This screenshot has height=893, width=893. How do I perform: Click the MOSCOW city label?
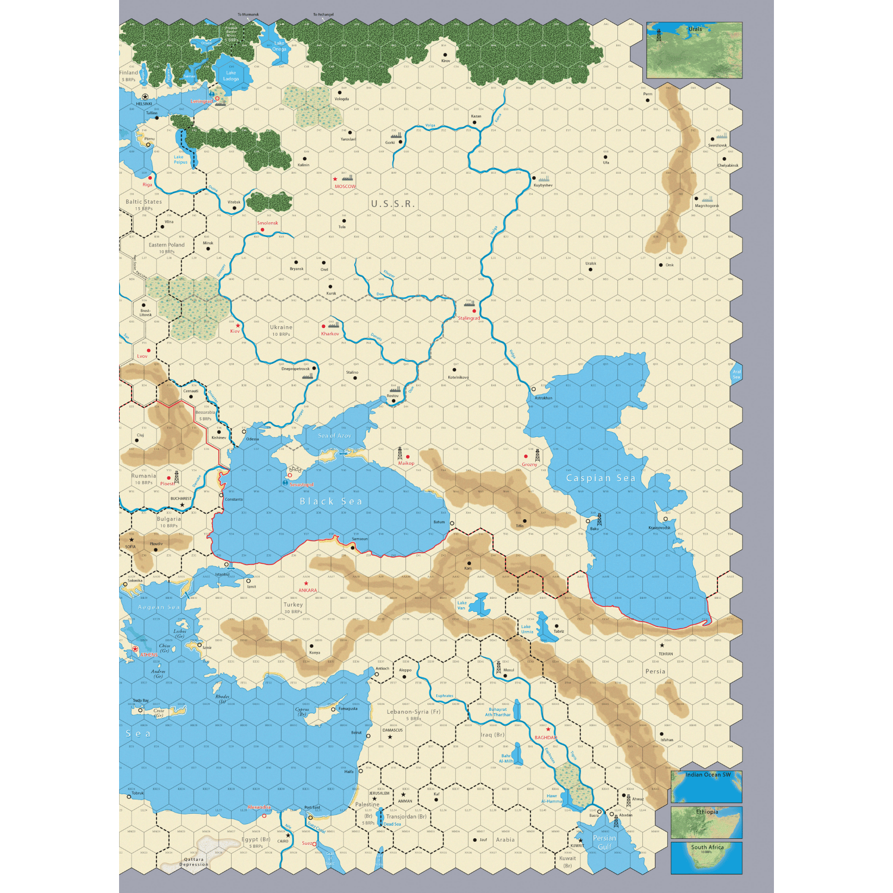[x=345, y=186]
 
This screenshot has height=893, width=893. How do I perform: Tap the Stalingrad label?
[x=469, y=318]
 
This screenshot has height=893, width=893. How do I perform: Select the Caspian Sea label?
[x=601, y=478]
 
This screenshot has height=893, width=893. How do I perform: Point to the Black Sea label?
[x=331, y=501]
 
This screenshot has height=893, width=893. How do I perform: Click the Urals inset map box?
[x=694, y=50]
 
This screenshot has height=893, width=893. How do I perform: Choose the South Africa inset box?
[x=707, y=857]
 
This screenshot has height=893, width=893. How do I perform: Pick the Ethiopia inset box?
[x=707, y=822]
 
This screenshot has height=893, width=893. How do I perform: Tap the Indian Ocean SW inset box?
[x=707, y=787]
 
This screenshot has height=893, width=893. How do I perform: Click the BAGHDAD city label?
[x=545, y=738]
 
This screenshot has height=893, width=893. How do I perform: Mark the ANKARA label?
[x=308, y=591]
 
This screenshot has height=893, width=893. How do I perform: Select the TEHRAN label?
[x=666, y=654]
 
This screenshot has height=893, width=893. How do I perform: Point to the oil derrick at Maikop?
[x=400, y=453]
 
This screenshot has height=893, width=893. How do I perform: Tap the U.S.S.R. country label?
[x=393, y=204]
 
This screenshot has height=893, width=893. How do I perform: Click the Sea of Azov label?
[x=335, y=436]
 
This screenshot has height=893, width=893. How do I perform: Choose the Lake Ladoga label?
[x=231, y=76]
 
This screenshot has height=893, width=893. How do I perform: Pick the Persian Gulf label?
[x=604, y=842]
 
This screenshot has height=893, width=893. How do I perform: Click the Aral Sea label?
[x=736, y=374]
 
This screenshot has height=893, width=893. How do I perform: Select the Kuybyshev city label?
[x=543, y=185]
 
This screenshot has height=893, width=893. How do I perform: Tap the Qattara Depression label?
[x=194, y=861]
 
